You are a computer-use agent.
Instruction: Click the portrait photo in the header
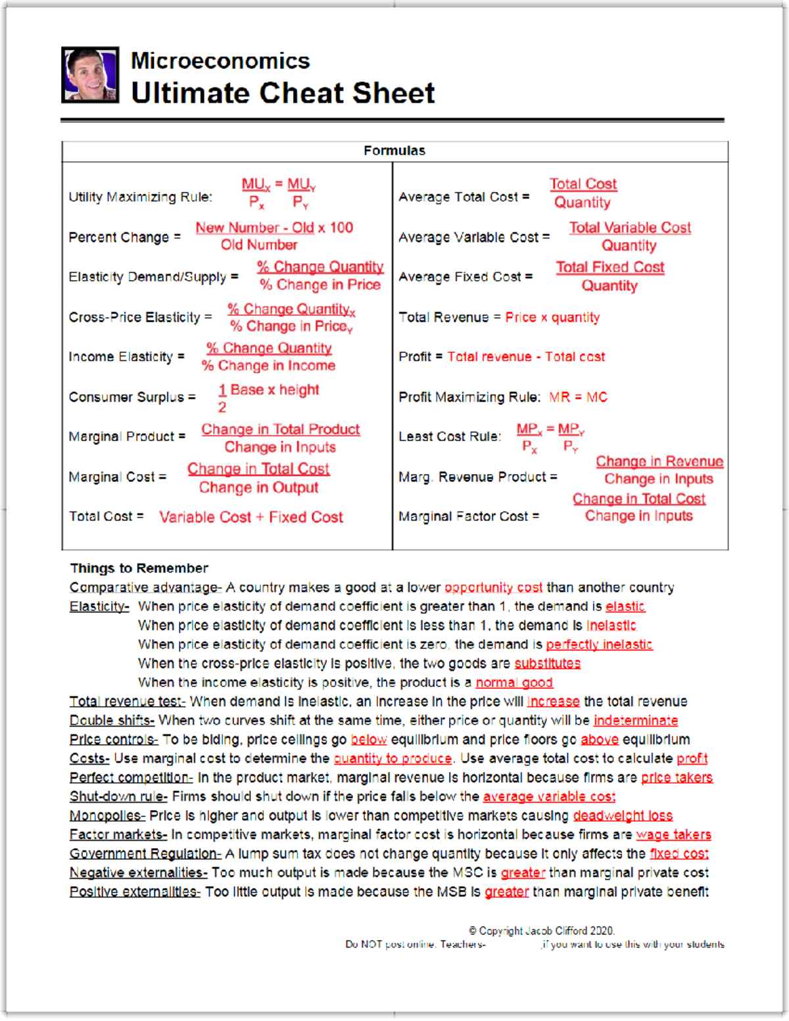coord(90,75)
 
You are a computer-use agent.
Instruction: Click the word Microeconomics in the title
coord(220,61)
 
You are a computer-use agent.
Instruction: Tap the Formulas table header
coord(394,151)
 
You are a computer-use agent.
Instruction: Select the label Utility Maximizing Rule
coord(140,197)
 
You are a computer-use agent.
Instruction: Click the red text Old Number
coord(259,245)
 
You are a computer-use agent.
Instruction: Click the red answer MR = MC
coord(578,397)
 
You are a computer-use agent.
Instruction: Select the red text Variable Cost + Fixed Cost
coord(251,517)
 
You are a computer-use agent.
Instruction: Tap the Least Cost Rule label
coord(450,437)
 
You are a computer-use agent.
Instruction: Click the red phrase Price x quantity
coord(552,318)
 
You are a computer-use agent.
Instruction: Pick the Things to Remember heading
coord(139,568)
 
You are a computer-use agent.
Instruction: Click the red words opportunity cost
coord(493,588)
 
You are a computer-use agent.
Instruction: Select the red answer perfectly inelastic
coord(599,645)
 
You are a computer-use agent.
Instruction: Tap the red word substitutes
coord(547,664)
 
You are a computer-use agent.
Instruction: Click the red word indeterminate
coord(635,721)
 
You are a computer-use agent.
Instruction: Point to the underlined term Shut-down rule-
coord(118,797)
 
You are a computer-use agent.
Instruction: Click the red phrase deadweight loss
coord(623,816)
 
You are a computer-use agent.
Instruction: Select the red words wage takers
coord(673,835)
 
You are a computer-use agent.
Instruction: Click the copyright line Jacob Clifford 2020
coord(541,931)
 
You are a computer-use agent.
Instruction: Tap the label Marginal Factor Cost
coord(468,517)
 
